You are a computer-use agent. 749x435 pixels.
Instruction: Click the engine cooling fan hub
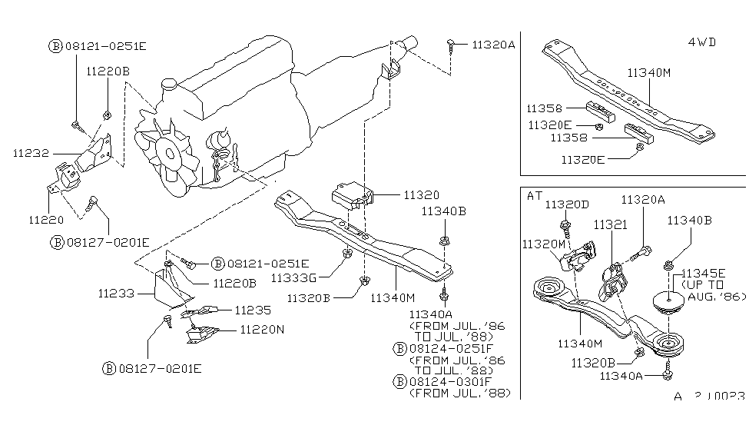[x=170, y=154]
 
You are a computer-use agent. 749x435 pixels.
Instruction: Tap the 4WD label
[x=701, y=42]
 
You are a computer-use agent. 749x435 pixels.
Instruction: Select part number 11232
[x=31, y=153]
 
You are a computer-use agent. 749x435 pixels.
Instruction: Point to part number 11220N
[x=262, y=330]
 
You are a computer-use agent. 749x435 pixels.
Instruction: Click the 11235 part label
[x=253, y=310]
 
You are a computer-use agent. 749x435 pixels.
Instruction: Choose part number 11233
[x=116, y=293]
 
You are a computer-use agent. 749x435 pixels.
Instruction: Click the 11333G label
[x=293, y=277]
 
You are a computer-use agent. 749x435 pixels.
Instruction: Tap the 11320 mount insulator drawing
[x=352, y=194]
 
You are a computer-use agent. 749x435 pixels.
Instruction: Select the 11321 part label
[x=611, y=224]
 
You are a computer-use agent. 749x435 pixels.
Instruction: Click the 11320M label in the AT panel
[x=544, y=244]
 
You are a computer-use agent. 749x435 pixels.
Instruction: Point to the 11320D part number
[x=567, y=204]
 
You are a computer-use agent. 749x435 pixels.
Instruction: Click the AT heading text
[x=535, y=195]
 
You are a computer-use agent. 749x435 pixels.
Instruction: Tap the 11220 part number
[x=46, y=219]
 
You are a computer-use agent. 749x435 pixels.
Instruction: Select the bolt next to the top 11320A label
[x=450, y=45]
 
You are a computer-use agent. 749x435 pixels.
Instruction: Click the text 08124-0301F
[x=450, y=382]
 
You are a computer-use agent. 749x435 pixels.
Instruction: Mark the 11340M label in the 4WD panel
[x=648, y=73]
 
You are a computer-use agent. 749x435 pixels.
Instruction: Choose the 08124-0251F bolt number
[x=451, y=348]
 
